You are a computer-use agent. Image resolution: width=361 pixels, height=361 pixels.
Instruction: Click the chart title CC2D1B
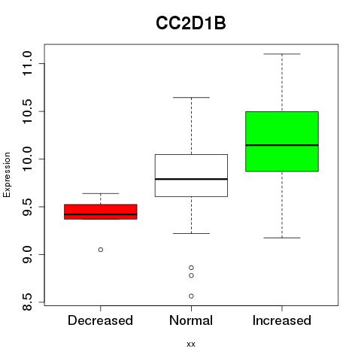(x=191, y=23)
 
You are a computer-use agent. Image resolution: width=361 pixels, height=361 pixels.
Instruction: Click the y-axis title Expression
(x=7, y=174)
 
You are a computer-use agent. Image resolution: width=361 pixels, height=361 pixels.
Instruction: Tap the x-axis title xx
(x=191, y=344)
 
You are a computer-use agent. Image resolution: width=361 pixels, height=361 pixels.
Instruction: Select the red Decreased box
(x=101, y=212)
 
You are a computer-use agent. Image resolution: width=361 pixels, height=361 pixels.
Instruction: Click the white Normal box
(x=191, y=175)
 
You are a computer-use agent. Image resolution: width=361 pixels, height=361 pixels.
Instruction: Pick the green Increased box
(x=282, y=141)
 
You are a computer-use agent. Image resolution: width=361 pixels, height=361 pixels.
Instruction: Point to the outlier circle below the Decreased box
(x=101, y=250)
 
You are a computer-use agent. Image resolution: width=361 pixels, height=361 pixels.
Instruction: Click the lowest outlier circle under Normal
(x=191, y=296)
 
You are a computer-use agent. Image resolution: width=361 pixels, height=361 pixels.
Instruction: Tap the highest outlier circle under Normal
(x=191, y=268)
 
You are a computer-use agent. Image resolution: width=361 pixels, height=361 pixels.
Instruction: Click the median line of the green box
(x=282, y=145)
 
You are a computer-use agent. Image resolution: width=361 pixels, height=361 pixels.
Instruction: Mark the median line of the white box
(x=191, y=179)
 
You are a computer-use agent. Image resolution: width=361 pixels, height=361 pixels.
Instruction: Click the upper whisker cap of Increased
(x=282, y=54)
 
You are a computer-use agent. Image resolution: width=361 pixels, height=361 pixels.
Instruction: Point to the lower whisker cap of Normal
(x=191, y=233)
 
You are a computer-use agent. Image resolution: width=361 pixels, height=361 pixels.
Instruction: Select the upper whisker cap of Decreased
(x=101, y=193)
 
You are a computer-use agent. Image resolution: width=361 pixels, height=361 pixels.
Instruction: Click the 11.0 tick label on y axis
(x=27, y=63)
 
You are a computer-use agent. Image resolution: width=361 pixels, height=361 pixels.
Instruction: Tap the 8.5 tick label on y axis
(x=27, y=302)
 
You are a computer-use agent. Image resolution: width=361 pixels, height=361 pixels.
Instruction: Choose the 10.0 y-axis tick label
(x=27, y=159)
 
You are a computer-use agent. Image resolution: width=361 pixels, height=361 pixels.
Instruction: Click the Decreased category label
(x=100, y=320)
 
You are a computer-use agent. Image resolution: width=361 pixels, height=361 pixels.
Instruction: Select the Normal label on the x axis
(x=191, y=320)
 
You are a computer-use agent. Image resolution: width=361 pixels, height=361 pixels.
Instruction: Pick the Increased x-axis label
(x=282, y=320)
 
